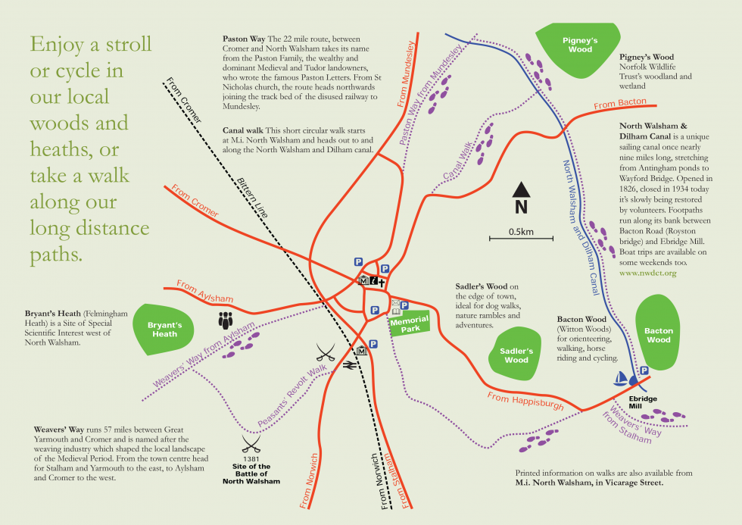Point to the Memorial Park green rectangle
click(409, 324)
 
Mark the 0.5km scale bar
click(520, 239)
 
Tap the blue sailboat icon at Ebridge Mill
click(621, 377)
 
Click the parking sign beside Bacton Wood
click(644, 370)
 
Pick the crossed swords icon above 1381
click(250, 442)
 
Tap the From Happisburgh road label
click(525, 401)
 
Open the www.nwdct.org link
click(647, 272)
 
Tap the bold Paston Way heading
click(243, 38)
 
